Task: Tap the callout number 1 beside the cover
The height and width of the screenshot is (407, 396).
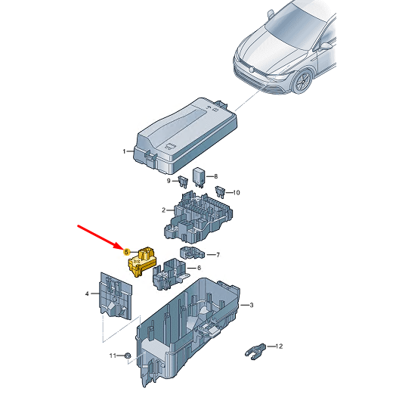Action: (x=124, y=151)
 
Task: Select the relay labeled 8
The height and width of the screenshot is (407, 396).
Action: (x=200, y=177)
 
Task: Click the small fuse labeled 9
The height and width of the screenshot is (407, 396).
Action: (x=183, y=182)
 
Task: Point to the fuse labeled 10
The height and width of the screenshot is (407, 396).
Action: (x=220, y=192)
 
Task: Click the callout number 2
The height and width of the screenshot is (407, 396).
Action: (x=164, y=210)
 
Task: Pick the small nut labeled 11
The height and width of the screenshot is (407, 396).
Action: (x=128, y=355)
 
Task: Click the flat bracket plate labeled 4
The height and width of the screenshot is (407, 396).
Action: (x=116, y=296)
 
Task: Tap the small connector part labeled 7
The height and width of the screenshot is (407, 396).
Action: (x=192, y=253)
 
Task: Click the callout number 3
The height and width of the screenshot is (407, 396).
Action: (x=252, y=306)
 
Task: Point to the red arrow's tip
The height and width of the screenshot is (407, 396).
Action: (x=122, y=249)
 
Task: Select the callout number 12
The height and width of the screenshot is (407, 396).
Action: (x=279, y=346)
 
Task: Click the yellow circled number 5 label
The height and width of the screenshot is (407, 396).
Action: (x=126, y=252)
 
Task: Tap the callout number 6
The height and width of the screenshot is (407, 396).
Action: (x=199, y=268)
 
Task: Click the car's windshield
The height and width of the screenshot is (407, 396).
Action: (x=295, y=26)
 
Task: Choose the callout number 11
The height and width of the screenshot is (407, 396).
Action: (x=113, y=356)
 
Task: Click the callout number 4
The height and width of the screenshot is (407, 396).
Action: (x=87, y=294)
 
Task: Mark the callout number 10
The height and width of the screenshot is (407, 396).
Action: (x=237, y=193)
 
